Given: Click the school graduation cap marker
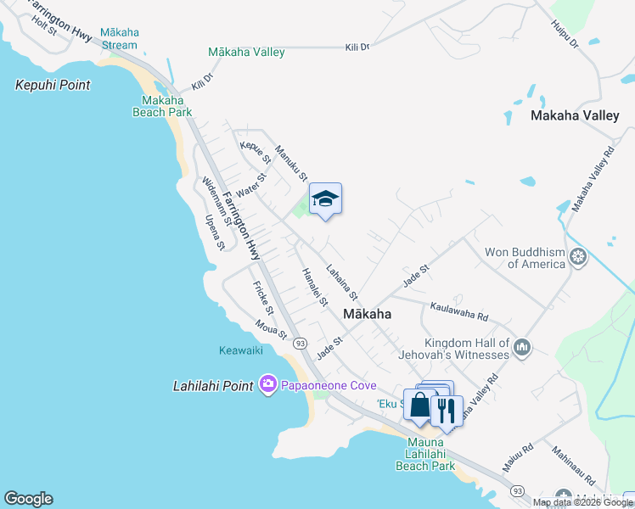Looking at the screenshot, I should coord(325,199).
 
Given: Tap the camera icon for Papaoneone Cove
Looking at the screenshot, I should coord(268,385).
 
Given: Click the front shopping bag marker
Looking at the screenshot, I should coord(419,405).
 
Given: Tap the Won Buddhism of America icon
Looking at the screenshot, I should coord(578,256).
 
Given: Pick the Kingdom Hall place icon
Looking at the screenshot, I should coord(522,347).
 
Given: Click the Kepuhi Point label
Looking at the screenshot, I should coord(53,85).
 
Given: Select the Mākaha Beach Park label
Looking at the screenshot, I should coord(161,105).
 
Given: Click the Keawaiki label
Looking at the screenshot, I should coord(244,350).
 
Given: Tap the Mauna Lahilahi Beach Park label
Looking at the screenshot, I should coord(425,459).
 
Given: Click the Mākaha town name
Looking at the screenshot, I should coord(368,314).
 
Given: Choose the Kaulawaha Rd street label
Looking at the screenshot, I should coord(459,311).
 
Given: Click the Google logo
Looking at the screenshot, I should coord(28,499).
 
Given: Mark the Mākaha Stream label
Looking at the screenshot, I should coord(120,38).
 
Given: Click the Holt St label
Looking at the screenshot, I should coord(43,25).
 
